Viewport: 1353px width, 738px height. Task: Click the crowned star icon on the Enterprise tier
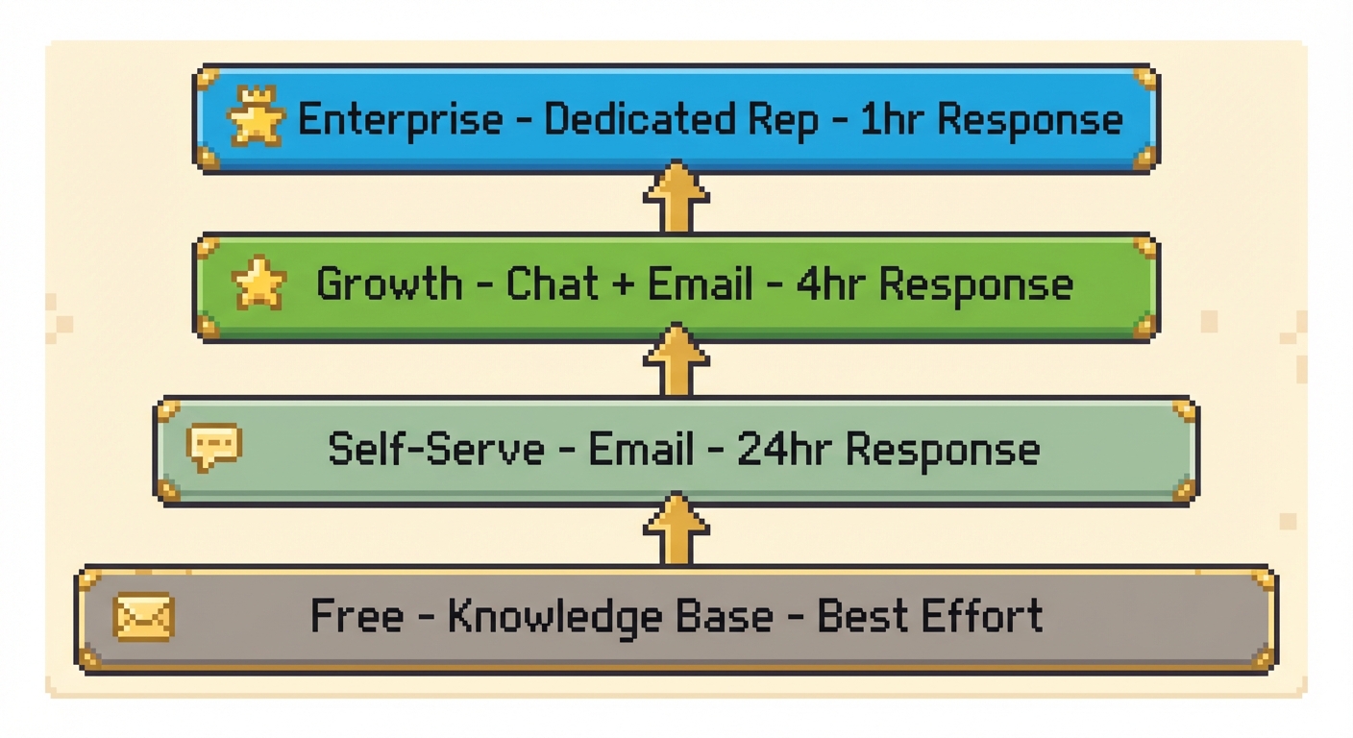click(256, 118)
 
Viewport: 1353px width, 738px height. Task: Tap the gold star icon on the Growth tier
click(259, 283)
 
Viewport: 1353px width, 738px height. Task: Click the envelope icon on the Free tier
click(143, 616)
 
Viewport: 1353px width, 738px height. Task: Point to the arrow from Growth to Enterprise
click(676, 197)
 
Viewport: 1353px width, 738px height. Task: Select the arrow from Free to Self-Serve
click(676, 529)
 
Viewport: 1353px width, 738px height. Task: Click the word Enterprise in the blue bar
click(400, 120)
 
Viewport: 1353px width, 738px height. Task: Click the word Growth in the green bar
click(389, 284)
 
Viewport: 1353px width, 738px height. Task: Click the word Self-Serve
click(435, 449)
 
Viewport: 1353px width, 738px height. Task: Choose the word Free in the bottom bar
click(357, 616)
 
